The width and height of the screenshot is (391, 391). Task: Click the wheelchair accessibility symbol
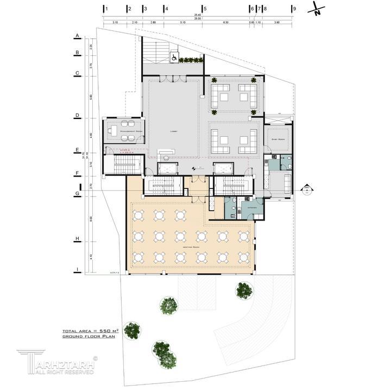pos(174,56)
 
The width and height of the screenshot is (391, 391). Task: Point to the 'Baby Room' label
pos(279,139)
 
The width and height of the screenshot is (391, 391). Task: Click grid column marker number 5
pos(205,9)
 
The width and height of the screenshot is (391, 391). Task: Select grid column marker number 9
pos(294,9)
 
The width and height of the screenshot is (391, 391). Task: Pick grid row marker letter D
pos(78,116)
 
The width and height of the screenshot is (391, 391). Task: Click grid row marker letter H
pos(78,238)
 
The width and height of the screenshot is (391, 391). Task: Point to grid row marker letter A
pos(78,36)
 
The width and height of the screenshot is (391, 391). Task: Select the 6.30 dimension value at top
pos(225,23)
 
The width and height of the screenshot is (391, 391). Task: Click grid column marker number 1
pos(107,9)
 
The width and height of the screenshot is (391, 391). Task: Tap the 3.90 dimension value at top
pos(277,23)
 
